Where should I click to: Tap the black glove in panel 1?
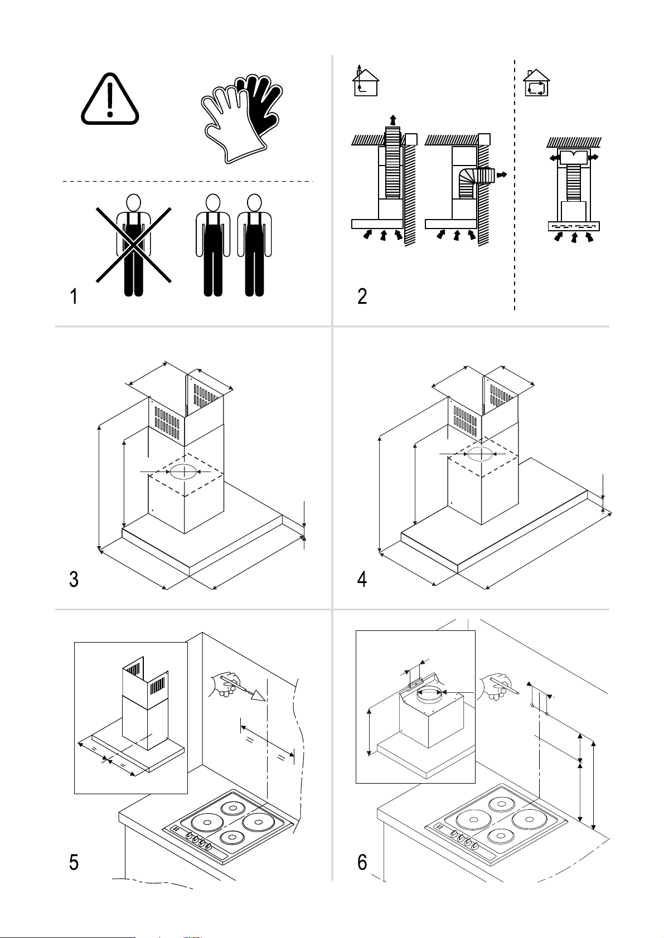pyautogui.click(x=260, y=107)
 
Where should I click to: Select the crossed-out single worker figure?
pyautogui.click(x=134, y=245)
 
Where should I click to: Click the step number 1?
pyautogui.click(x=74, y=296)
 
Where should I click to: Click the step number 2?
pyautogui.click(x=362, y=296)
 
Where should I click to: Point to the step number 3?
pyautogui.click(x=74, y=580)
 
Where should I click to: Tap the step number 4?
pyautogui.click(x=362, y=580)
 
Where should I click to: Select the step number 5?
pyautogui.click(x=74, y=862)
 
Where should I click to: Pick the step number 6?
pyautogui.click(x=362, y=862)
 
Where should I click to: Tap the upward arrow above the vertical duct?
pyautogui.click(x=392, y=120)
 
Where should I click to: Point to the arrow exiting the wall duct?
pyautogui.click(x=502, y=174)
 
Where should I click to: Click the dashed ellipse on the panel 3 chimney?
pyautogui.click(x=183, y=472)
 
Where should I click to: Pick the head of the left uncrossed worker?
pyautogui.click(x=213, y=203)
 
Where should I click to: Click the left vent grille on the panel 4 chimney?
pyautogui.click(x=465, y=420)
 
